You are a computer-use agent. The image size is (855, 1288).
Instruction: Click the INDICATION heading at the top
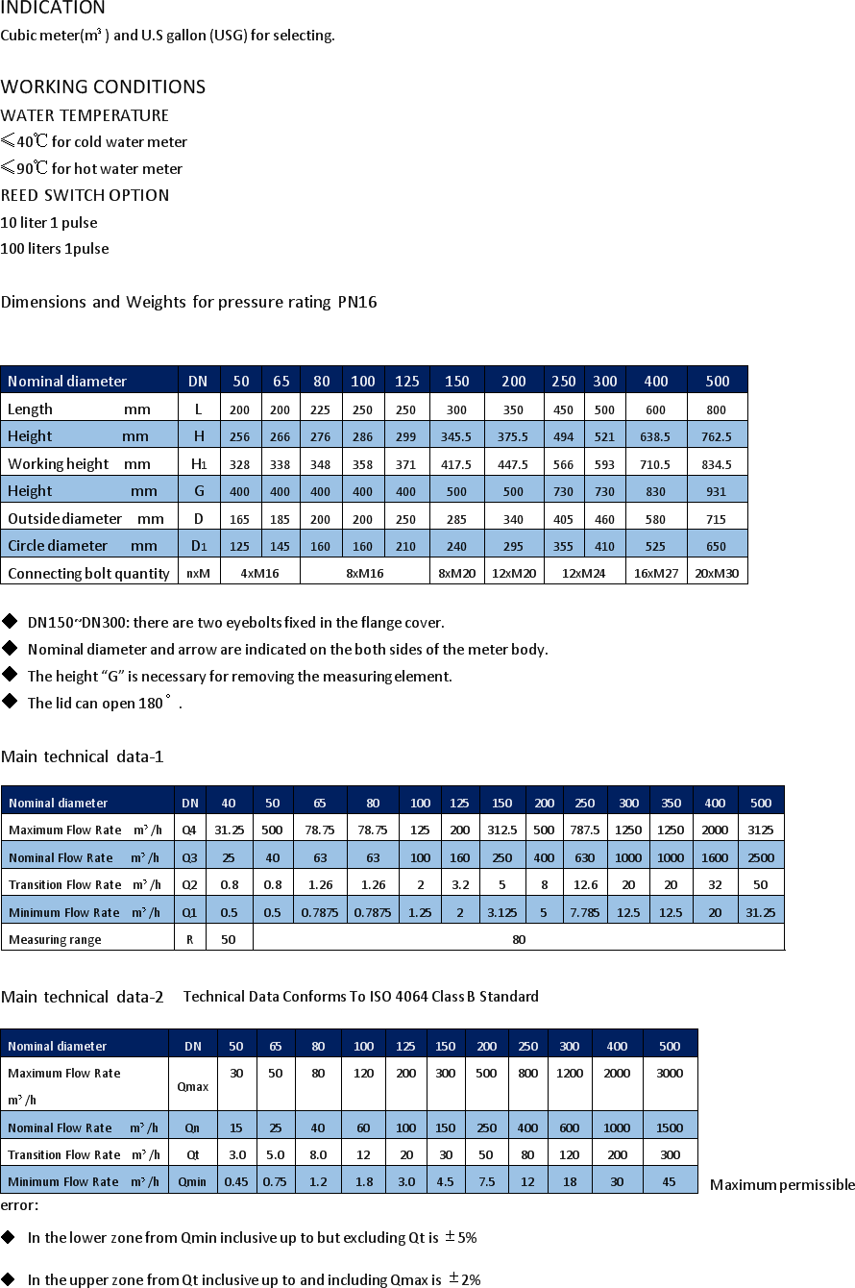(53, 9)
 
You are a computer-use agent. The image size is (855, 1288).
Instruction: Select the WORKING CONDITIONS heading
(103, 87)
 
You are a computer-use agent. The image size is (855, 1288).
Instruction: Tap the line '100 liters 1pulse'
(55, 249)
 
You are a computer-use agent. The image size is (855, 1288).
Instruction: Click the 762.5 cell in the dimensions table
(717, 436)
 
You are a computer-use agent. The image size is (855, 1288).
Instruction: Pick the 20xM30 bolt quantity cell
(717, 573)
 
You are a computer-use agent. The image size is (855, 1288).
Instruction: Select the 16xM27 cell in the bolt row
(656, 573)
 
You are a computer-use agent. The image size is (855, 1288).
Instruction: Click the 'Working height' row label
(59, 464)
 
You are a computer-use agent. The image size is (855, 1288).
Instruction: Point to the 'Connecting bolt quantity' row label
(88, 574)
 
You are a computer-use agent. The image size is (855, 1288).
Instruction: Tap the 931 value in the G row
(717, 491)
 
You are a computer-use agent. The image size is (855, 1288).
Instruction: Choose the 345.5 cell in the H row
(456, 436)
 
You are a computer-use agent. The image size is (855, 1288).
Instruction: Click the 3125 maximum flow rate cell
(760, 830)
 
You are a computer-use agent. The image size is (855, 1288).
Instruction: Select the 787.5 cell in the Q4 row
(584, 830)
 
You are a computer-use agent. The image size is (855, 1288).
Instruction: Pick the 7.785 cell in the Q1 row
(584, 912)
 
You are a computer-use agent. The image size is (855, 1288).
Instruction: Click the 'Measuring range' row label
(55, 939)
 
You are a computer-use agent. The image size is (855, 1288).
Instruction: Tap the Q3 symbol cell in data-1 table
(189, 857)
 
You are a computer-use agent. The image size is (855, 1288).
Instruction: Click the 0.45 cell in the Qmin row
(235, 1181)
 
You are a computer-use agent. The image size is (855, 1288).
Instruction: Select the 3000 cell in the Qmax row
(670, 1074)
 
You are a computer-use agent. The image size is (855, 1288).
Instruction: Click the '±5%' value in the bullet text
(461, 1238)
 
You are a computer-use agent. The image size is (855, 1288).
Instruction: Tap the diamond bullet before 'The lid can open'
(10, 702)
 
